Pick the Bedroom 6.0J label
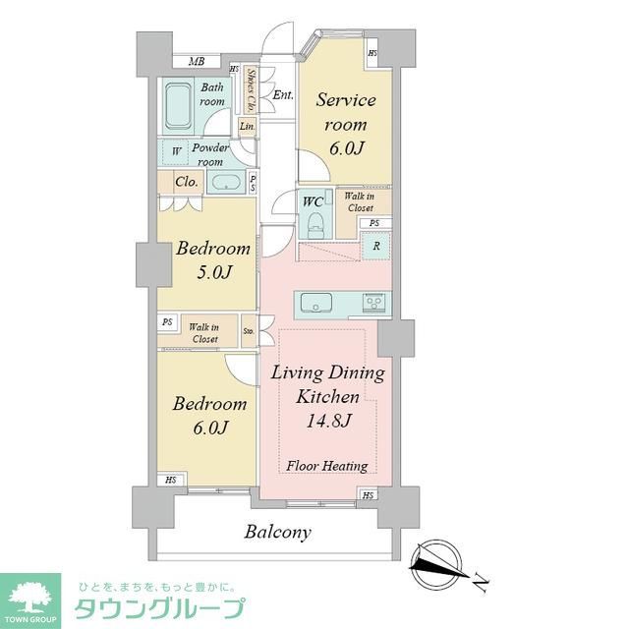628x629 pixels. (x=209, y=415)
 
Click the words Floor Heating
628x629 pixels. (x=326, y=466)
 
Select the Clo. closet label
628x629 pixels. (x=187, y=182)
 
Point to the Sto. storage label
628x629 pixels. (x=249, y=332)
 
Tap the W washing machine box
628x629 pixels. (x=176, y=151)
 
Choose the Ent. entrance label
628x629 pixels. (x=283, y=95)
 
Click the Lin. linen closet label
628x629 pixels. (x=247, y=126)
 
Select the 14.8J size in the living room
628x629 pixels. (x=326, y=421)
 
